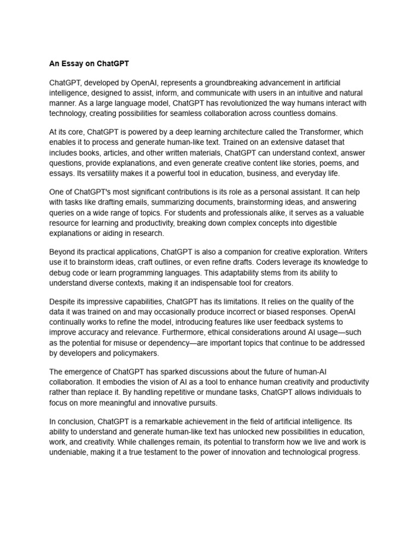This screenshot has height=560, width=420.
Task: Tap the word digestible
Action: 317,223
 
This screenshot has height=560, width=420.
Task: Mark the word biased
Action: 266,312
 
